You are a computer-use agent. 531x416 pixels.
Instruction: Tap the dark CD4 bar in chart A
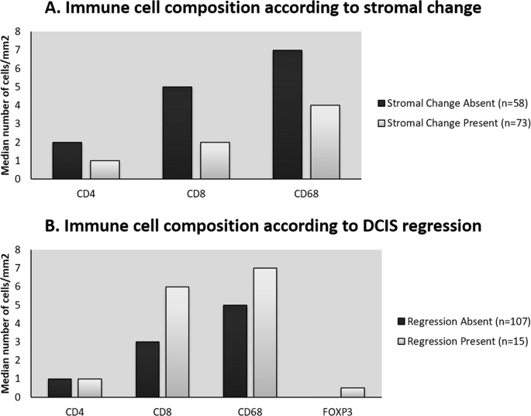tap(67, 160)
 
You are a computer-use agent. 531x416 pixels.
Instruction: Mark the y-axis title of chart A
tap(7, 106)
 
